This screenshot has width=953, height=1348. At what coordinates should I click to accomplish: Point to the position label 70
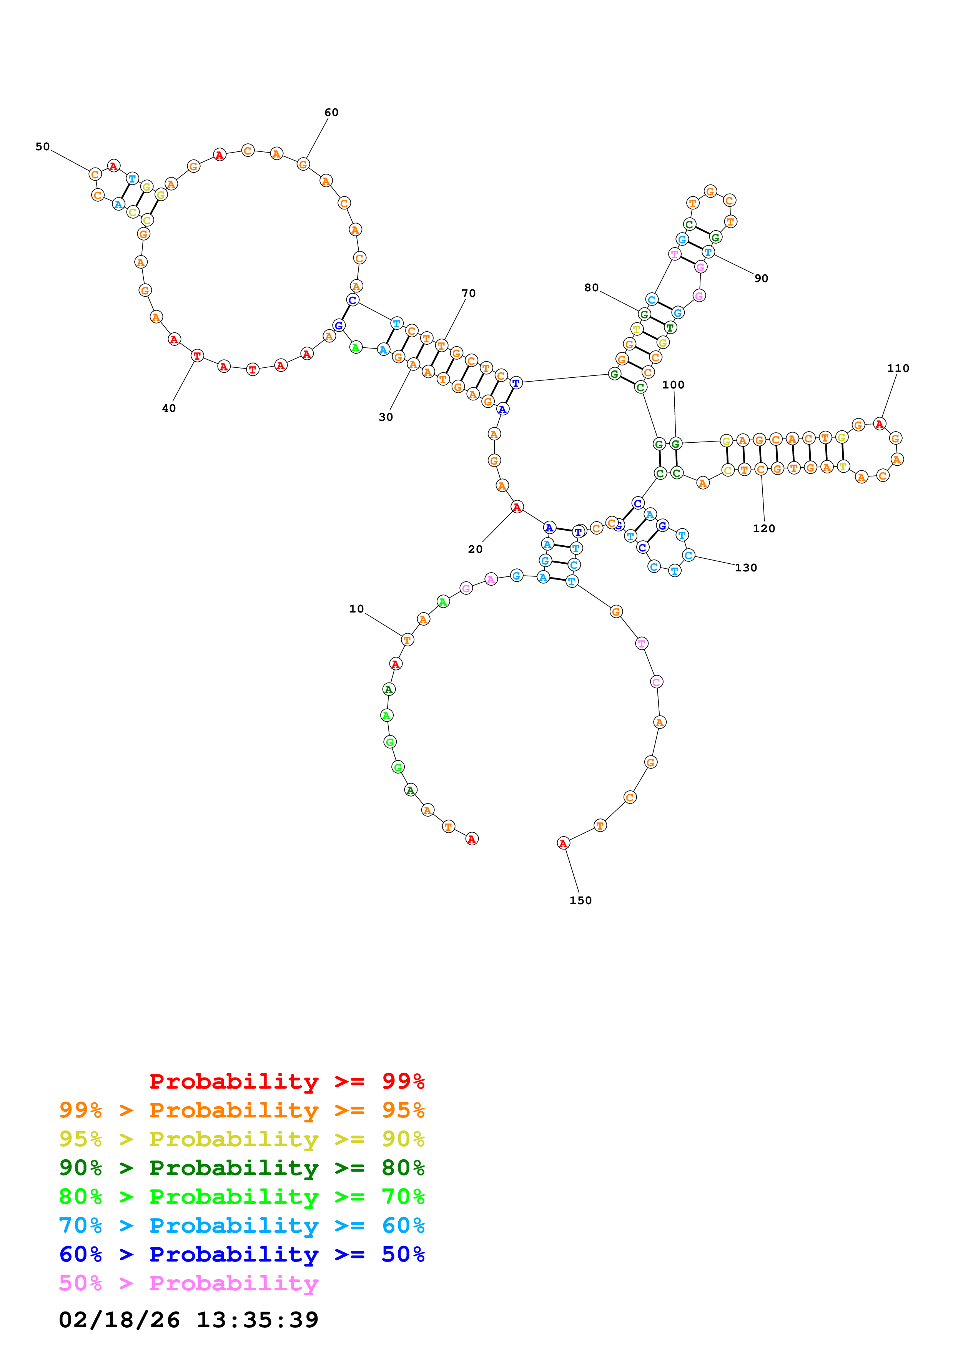point(469,293)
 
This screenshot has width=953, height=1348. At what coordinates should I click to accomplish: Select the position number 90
point(761,278)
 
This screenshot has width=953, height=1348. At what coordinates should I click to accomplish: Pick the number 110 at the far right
point(898,368)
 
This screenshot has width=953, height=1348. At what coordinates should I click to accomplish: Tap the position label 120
point(764,528)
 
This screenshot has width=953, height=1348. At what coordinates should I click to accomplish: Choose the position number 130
point(746,568)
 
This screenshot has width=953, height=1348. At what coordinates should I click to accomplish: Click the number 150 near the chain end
point(581,900)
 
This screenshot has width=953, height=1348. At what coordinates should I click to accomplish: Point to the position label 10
point(356,609)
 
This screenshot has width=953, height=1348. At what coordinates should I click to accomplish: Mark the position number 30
point(386,417)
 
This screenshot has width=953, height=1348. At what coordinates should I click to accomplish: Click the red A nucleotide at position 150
point(562,843)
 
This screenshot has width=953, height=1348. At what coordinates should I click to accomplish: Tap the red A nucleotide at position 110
point(879,423)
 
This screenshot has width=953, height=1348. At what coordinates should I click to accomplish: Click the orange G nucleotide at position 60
point(303,164)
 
